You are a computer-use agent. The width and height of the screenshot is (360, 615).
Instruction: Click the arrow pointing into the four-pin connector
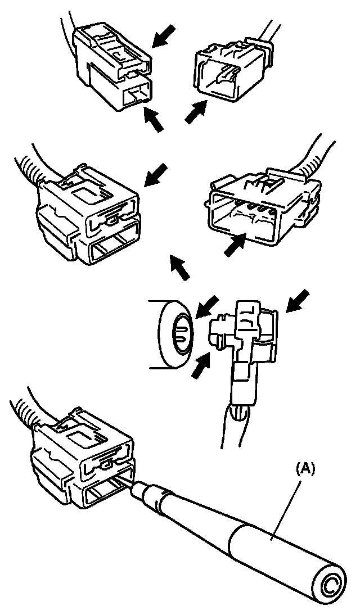pos(236,246)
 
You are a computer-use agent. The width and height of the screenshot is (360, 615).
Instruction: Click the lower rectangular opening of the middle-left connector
pos(112,247)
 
